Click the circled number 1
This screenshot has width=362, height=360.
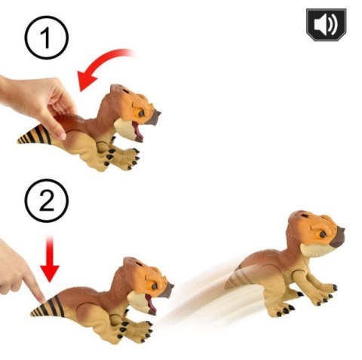click(x=47, y=38)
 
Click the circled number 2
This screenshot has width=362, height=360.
click(x=47, y=200)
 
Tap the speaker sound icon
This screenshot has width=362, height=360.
click(x=327, y=25)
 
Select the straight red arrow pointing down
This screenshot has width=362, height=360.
click(x=50, y=259)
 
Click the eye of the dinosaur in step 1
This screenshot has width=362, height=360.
click(x=141, y=114)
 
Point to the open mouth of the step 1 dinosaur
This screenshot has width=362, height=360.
click(x=137, y=130)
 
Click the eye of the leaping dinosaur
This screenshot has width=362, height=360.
click(x=322, y=234)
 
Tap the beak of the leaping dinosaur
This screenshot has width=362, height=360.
click(x=338, y=238)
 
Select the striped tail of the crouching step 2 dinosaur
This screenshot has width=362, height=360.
click(x=48, y=307)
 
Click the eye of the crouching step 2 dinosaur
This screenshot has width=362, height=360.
click(x=154, y=286)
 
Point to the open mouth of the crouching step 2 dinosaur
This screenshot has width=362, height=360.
click(x=150, y=303)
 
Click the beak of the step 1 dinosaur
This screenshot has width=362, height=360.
click(x=153, y=117)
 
